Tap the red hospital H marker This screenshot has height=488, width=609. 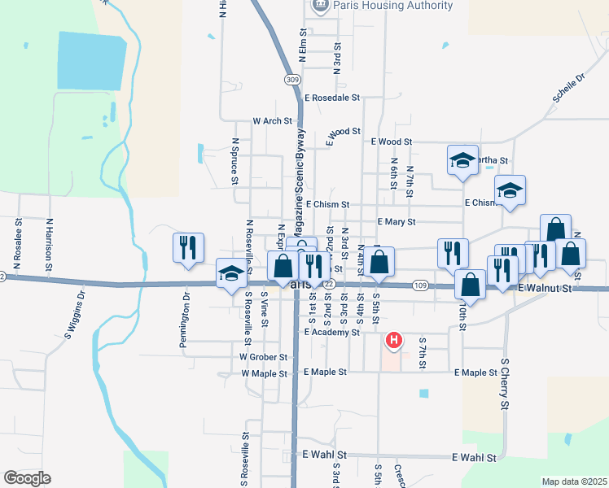tap(394, 340)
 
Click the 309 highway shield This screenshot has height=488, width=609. tap(292, 79)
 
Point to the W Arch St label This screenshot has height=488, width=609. tap(272, 121)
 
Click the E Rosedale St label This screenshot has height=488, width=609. tap(331, 98)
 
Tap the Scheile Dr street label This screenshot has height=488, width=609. tap(569, 90)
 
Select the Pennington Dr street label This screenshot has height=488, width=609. tap(186, 325)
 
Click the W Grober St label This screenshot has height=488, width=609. tap(264, 356)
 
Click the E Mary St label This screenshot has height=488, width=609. tap(397, 221)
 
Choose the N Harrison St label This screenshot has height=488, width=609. tap(49, 245)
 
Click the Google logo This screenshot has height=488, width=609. tap(27, 478)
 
